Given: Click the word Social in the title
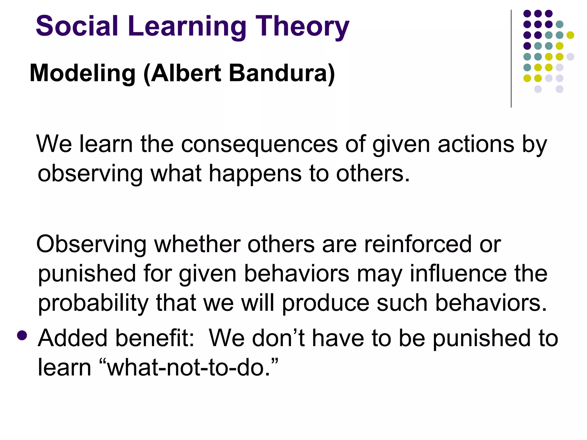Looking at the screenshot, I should click(x=77, y=26).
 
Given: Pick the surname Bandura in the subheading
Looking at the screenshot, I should click(x=279, y=73).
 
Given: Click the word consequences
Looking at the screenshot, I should click(x=259, y=144).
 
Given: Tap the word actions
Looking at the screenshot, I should click(x=476, y=144).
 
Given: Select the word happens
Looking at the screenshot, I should click(x=255, y=174).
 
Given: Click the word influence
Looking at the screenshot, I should click(x=458, y=274).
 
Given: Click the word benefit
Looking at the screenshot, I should click(x=155, y=338).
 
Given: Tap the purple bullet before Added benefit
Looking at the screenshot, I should click(x=22, y=335).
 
